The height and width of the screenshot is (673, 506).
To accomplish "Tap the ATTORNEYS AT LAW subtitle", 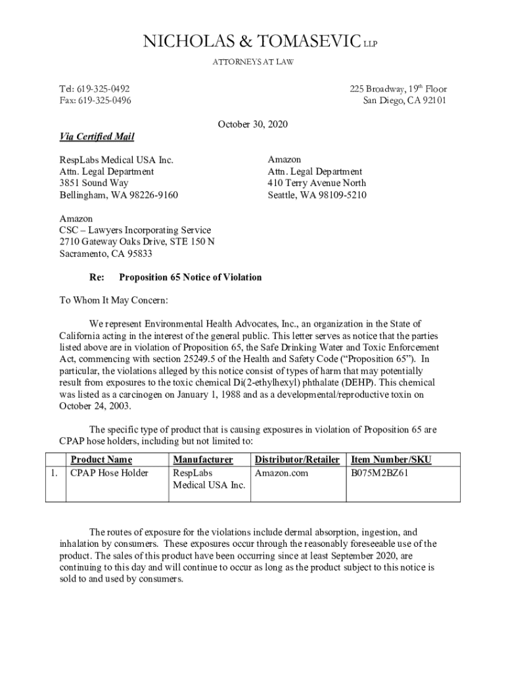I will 252,62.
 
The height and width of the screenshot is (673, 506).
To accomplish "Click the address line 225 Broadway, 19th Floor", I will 398,89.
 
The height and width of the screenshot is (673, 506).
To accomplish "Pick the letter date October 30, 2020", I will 252,124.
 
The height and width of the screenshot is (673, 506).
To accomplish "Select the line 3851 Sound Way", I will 94,183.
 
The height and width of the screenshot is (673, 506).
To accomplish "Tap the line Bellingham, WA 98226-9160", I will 118,195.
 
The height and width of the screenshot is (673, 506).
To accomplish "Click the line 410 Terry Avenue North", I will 317,183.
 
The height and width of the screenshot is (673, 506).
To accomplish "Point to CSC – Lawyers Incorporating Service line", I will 135,230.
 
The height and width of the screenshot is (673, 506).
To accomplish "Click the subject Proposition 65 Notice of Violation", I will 190,277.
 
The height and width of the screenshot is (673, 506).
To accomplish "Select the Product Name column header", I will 101,459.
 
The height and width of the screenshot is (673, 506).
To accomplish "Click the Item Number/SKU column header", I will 392,459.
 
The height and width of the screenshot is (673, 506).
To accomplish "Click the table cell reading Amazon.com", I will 281,473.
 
